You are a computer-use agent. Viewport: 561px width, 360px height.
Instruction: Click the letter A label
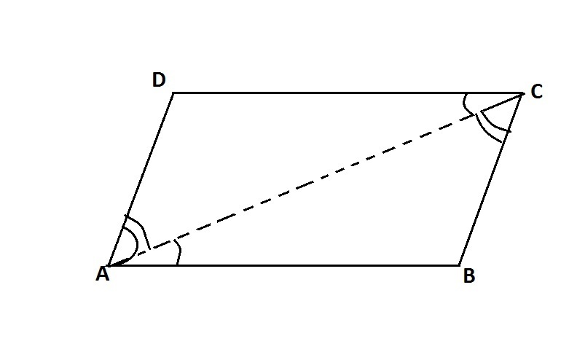click(102, 274)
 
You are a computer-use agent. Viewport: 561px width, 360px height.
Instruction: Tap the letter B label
click(469, 276)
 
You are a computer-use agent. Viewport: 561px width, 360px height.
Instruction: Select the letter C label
click(537, 91)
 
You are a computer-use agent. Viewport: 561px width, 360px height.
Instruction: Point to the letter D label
click(159, 79)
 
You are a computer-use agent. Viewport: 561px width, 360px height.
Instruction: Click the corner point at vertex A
click(109, 265)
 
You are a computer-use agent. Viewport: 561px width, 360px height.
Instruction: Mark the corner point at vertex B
click(460, 265)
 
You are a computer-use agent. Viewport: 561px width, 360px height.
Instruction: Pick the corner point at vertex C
click(522, 93)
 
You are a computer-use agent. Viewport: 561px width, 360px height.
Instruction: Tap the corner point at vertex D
click(173, 93)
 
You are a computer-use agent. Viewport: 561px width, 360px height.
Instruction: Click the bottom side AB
click(283, 265)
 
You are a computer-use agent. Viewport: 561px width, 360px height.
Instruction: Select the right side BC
click(491, 179)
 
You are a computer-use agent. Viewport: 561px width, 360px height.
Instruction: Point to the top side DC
click(348, 93)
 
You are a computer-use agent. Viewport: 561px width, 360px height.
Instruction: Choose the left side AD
click(141, 179)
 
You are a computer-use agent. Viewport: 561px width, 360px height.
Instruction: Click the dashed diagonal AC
click(315, 179)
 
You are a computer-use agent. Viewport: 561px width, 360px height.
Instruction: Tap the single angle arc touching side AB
click(180, 252)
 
